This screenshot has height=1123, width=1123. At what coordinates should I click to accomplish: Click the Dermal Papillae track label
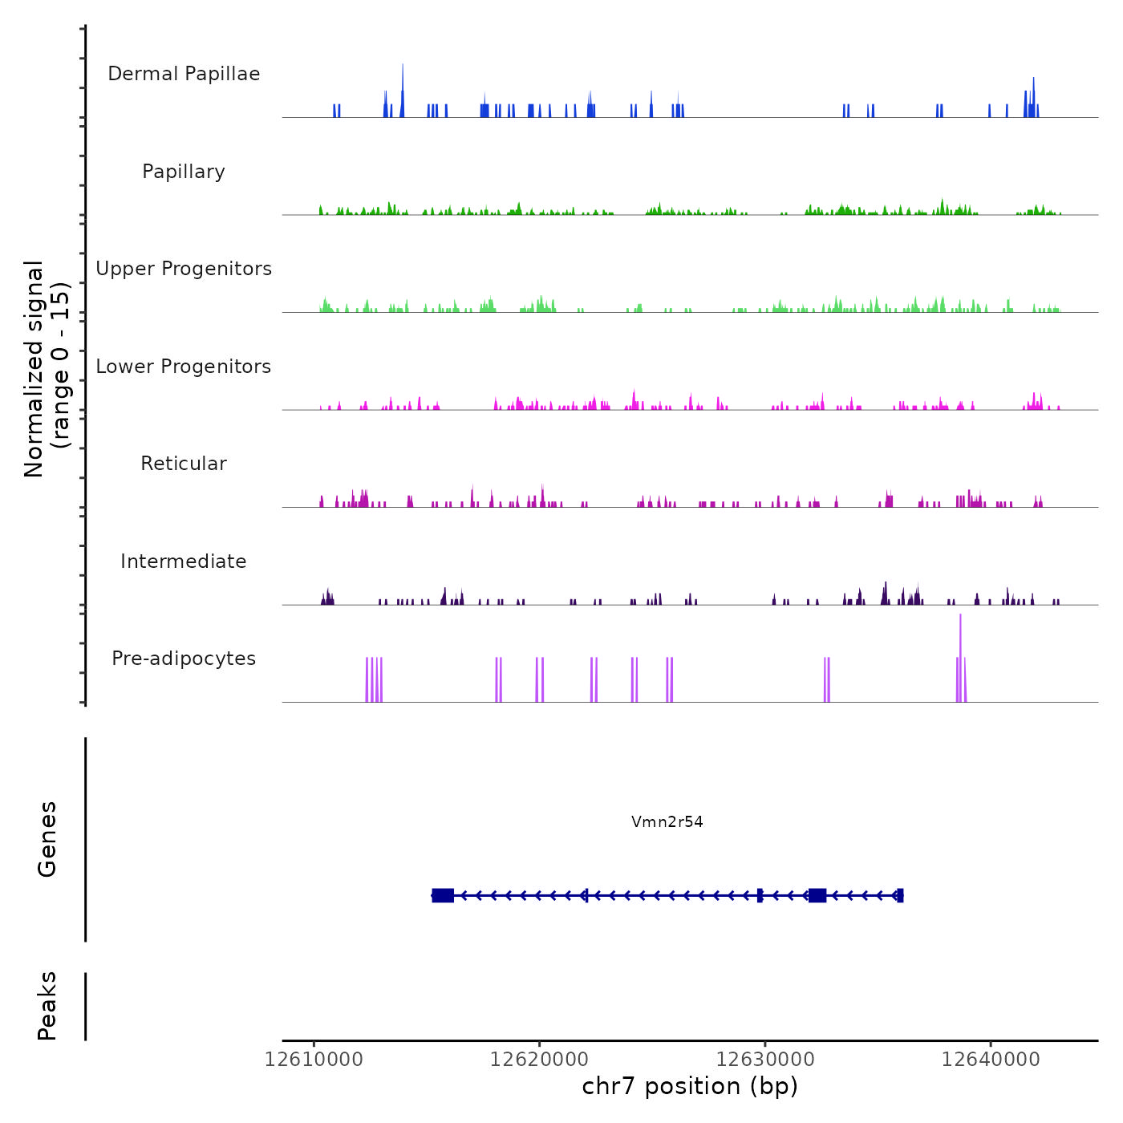tap(184, 74)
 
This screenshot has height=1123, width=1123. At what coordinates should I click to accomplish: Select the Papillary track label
tap(184, 172)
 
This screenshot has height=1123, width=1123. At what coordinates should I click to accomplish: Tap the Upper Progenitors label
tap(184, 269)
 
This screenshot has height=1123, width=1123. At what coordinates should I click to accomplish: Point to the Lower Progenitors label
tap(184, 367)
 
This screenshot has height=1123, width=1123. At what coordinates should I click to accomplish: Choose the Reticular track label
tap(184, 464)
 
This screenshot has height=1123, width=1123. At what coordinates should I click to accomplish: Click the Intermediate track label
tap(184, 561)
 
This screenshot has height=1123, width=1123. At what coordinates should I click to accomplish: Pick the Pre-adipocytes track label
tap(184, 659)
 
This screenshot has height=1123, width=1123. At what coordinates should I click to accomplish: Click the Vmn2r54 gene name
tap(667, 821)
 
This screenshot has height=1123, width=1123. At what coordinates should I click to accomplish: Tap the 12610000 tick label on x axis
tap(314, 1060)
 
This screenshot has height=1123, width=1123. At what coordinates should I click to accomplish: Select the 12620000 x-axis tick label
tap(540, 1060)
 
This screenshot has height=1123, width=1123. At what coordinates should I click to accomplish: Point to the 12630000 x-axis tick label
tap(765, 1060)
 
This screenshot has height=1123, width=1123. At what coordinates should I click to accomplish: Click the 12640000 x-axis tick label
tap(991, 1060)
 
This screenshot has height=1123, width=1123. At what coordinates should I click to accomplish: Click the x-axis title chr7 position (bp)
tap(690, 1086)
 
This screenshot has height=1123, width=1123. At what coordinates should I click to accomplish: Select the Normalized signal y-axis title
tap(47, 368)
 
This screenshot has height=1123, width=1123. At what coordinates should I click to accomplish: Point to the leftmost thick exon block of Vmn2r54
tap(443, 895)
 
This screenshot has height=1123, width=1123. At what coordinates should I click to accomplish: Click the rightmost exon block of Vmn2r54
tap(900, 895)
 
